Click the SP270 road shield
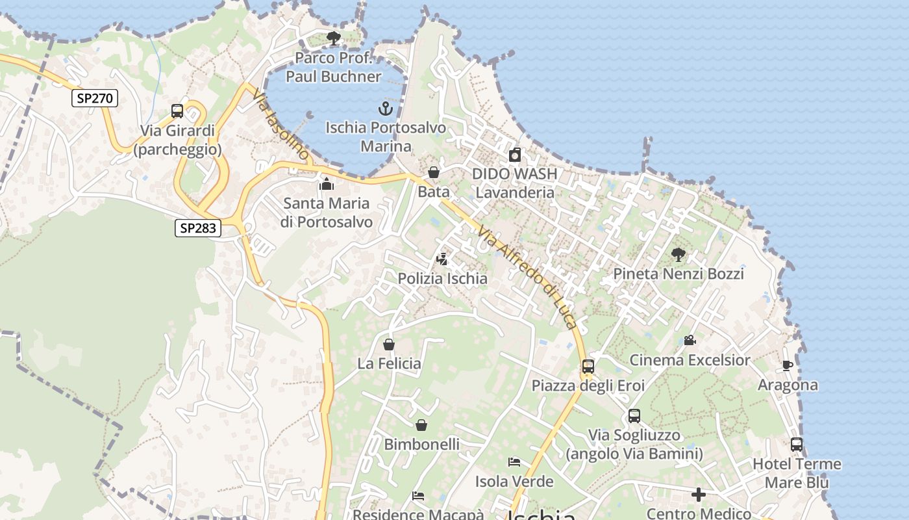tap(95, 98)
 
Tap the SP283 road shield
tap(198, 228)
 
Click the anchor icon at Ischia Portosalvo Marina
tap(386, 108)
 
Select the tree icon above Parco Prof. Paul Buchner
tap(334, 38)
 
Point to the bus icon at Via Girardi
tap(177, 111)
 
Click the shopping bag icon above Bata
tap(434, 172)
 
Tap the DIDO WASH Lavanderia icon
tap(515, 155)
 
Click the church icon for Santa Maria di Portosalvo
tap(327, 184)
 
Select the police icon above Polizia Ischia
tap(442, 259)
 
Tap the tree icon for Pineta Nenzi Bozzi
tap(679, 254)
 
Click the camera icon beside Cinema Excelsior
tap(690, 341)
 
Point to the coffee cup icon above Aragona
tap(788, 366)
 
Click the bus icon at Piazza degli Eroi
tap(588, 367)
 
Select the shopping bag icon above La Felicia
tap(389, 344)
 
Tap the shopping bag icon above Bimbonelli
tap(421, 425)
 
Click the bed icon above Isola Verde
tap(514, 462)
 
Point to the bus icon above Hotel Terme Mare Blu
tap(797, 445)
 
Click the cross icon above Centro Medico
tap(699, 495)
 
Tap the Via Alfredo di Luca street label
tap(527, 277)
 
